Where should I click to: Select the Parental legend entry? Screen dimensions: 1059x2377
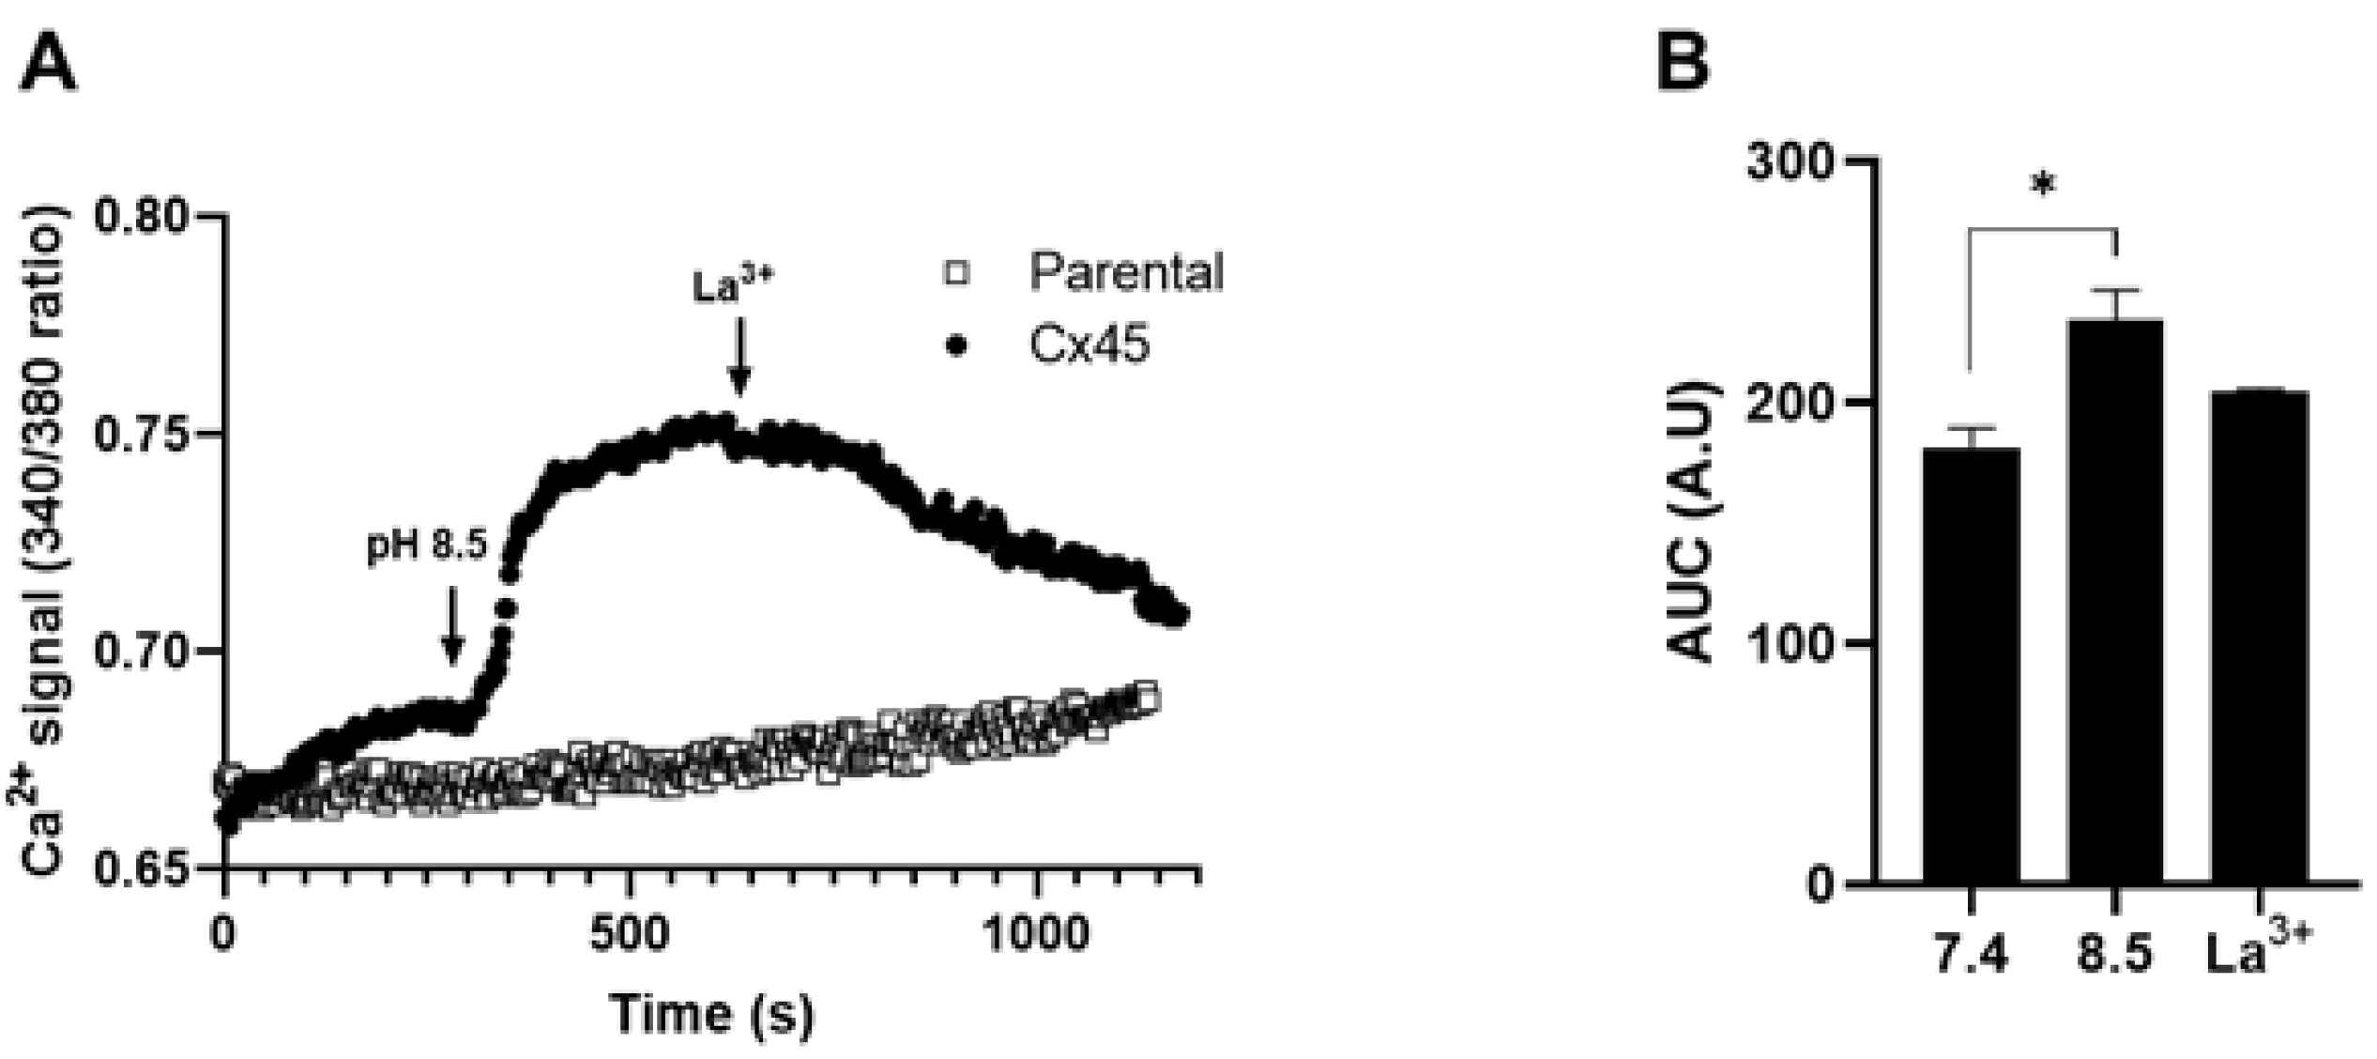click(1126, 272)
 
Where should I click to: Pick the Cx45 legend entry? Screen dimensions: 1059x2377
click(1089, 345)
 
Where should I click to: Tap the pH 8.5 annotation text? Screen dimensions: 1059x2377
click(428, 545)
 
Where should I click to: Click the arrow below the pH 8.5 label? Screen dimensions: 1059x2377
click(452, 625)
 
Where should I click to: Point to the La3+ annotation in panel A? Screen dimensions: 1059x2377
click(733, 286)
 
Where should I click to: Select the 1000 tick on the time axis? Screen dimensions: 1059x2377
click(1038, 934)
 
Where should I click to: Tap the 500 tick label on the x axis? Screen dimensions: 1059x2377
click(630, 934)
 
